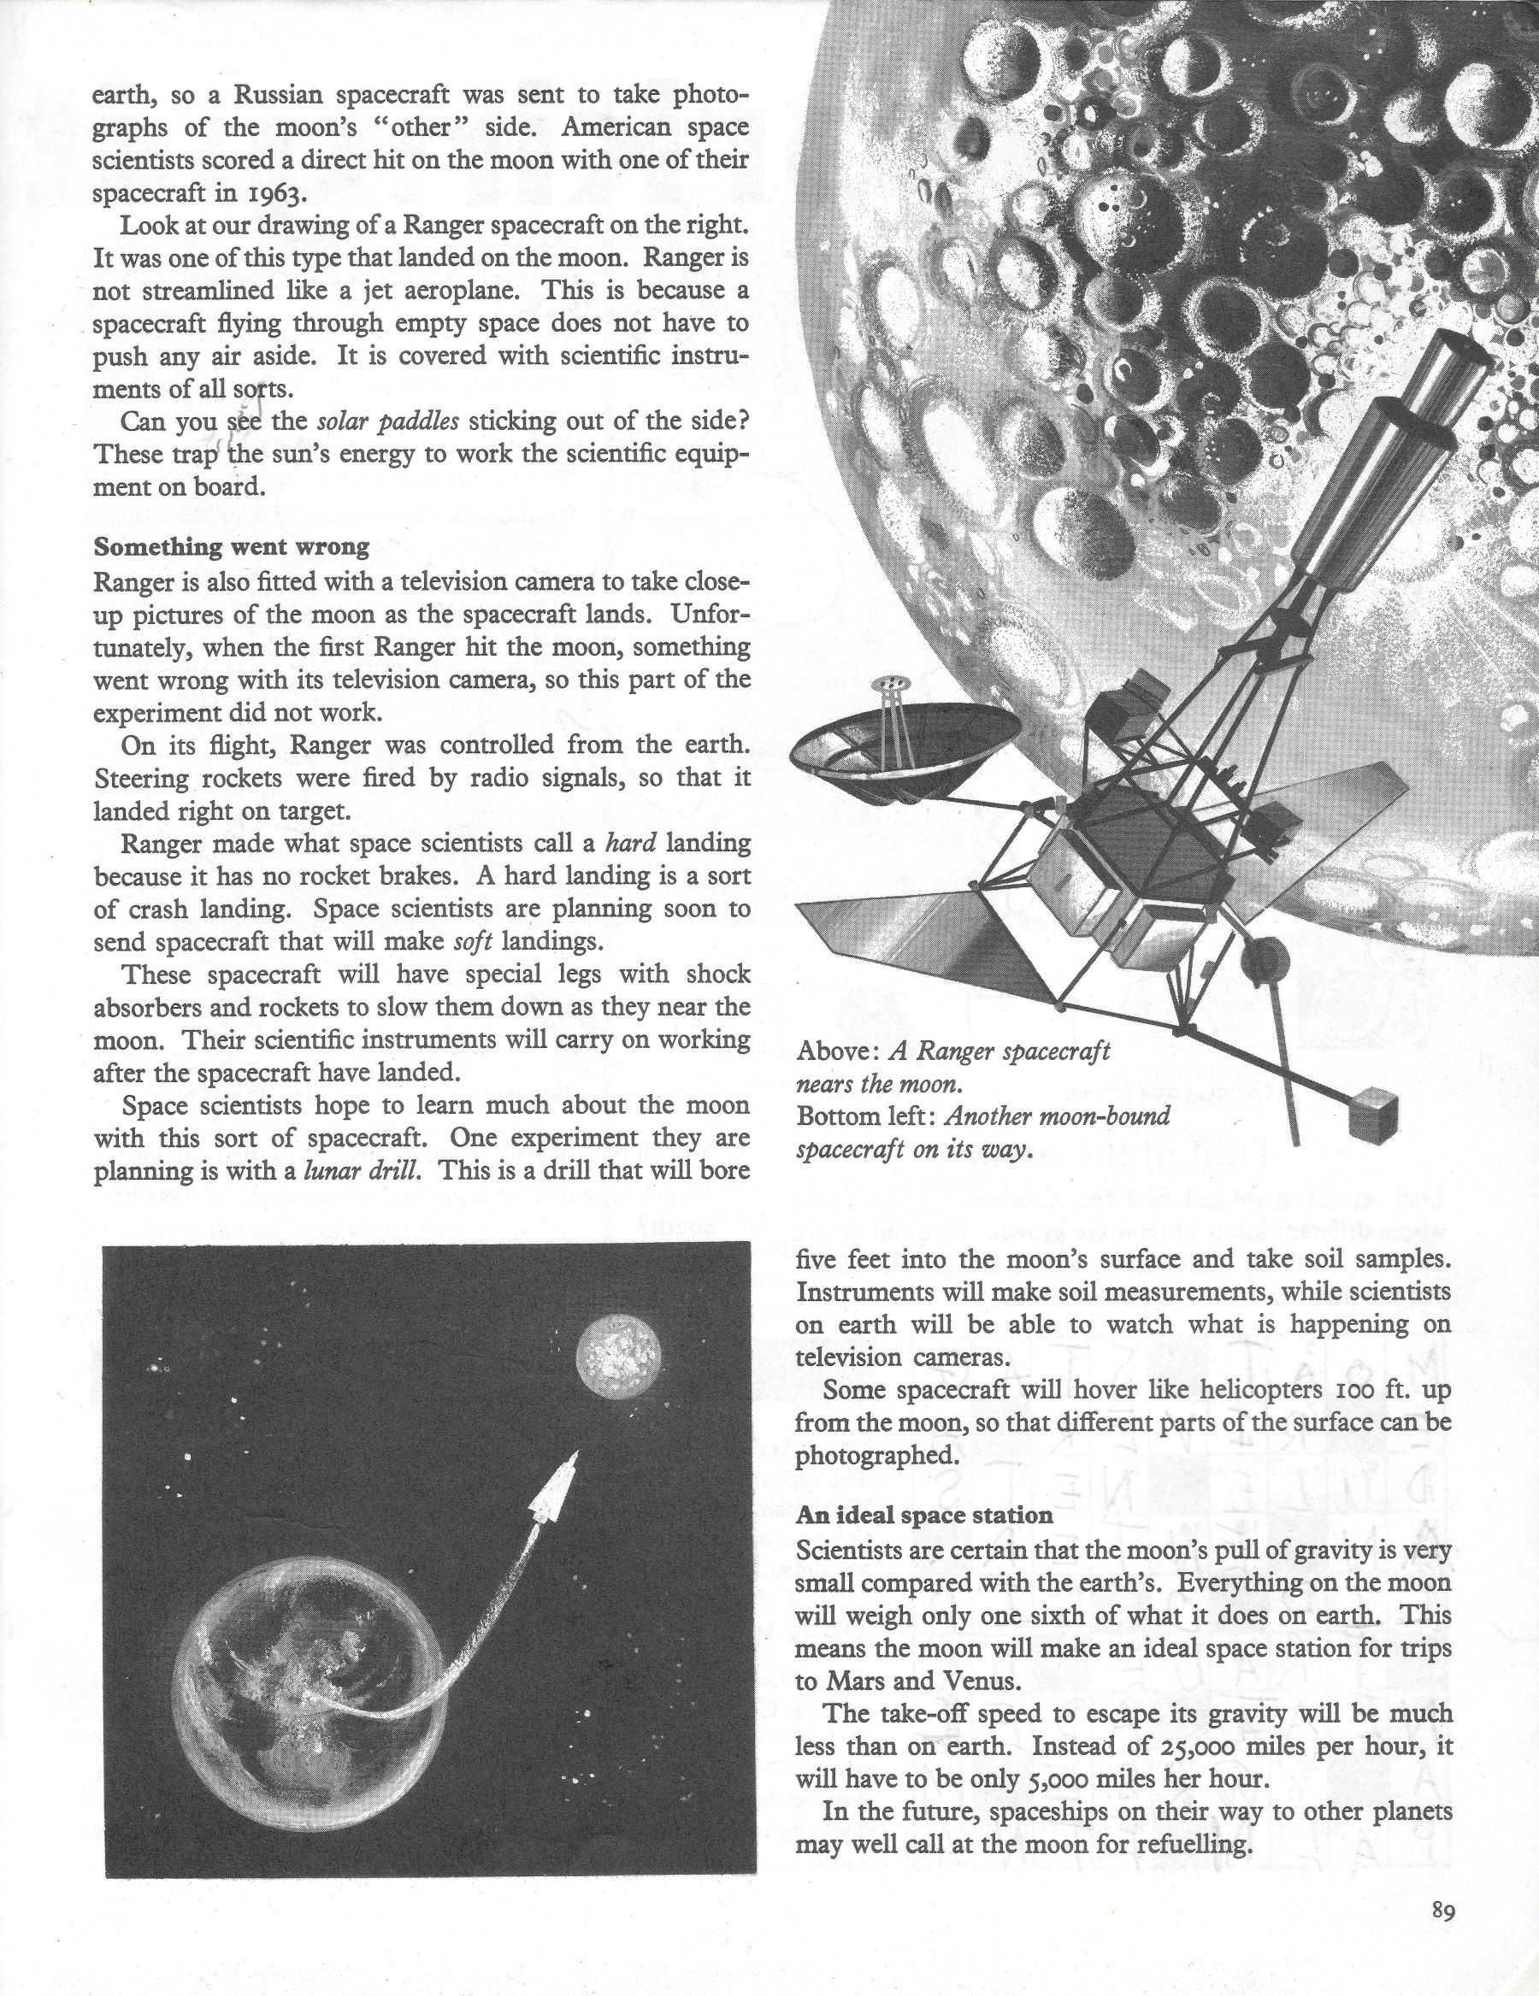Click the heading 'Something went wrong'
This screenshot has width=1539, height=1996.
231,547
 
